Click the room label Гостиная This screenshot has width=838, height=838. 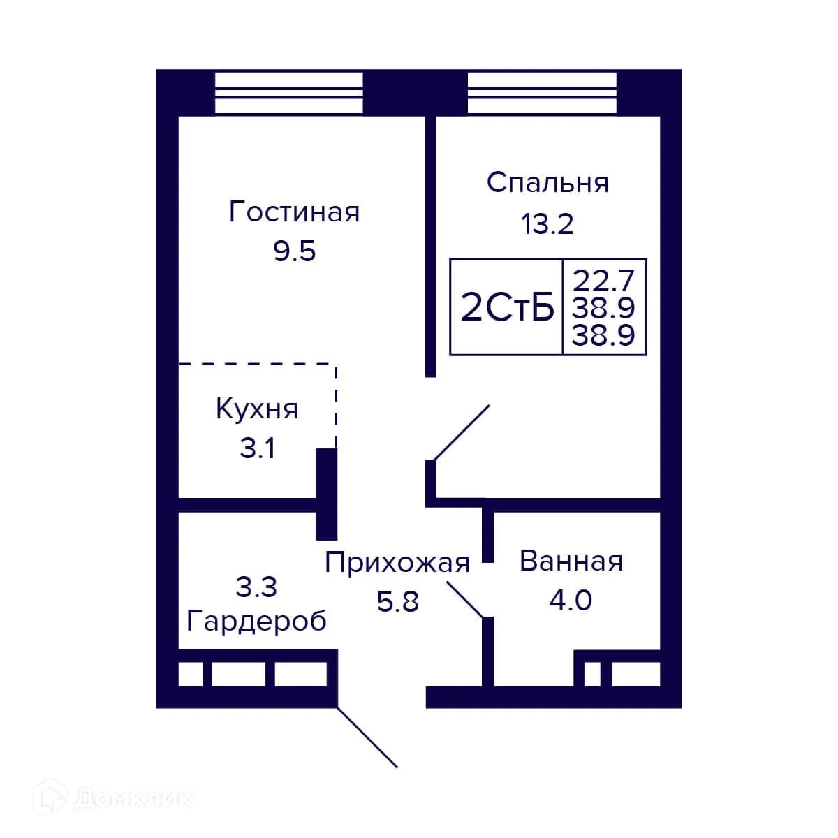[294, 212]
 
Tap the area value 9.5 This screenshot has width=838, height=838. [294, 251]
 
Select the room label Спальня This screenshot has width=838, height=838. [547, 182]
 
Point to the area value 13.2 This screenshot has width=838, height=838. [547, 224]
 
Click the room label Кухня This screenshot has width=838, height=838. [257, 409]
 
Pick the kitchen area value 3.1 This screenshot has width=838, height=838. [257, 448]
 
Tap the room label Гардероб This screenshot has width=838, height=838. [256, 620]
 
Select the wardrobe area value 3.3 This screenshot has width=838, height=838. [256, 587]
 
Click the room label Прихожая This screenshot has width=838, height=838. [397, 562]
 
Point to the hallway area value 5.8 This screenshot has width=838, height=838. [397, 601]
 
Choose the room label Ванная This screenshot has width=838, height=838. [571, 561]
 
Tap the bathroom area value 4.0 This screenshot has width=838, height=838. [571, 600]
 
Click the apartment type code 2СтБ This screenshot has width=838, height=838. [507, 308]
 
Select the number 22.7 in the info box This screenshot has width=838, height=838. [604, 281]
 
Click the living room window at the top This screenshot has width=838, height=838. [288, 92]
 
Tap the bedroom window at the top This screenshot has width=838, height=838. [542, 92]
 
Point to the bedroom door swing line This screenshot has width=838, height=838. [462, 432]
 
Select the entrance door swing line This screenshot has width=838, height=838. [368, 737]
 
